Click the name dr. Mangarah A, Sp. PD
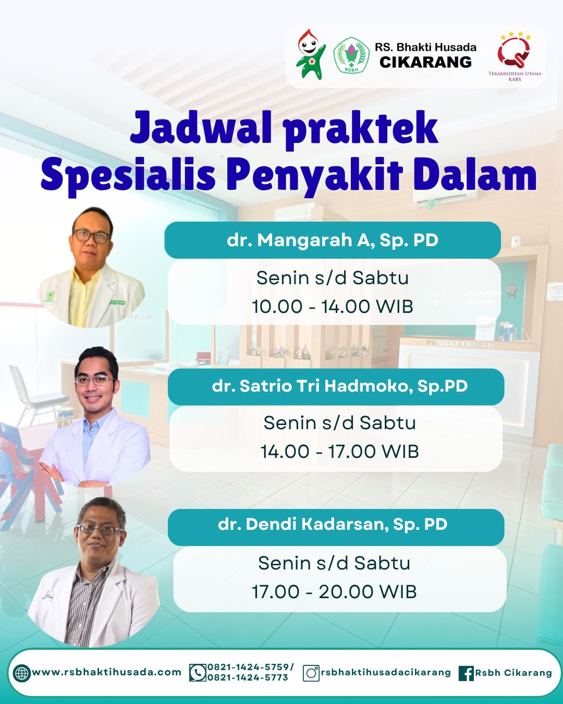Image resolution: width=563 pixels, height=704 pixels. pos(333,240)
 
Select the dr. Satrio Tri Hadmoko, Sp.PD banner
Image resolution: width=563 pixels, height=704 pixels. pos(339,386)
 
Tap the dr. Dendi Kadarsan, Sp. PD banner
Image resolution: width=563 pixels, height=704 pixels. pos(333,525)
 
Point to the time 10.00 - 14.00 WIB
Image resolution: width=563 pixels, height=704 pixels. pos(333,307)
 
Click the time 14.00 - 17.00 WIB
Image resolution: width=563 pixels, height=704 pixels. pos(339,452)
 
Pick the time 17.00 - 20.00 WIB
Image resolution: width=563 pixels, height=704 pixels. pos(334,592)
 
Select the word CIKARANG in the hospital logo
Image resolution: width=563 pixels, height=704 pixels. pos(425,63)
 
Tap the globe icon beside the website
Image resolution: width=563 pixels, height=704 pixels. pos(21,673)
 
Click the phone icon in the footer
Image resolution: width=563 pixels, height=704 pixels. pos(198,673)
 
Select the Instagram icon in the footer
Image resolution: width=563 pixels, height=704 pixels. pos(311,673)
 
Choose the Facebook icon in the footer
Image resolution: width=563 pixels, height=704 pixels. pos(466,673)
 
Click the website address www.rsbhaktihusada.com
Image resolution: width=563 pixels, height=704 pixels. pos(107,672)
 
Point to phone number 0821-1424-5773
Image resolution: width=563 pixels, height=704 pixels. pos(248,678)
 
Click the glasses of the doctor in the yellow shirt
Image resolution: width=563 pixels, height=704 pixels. pos(92,236)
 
